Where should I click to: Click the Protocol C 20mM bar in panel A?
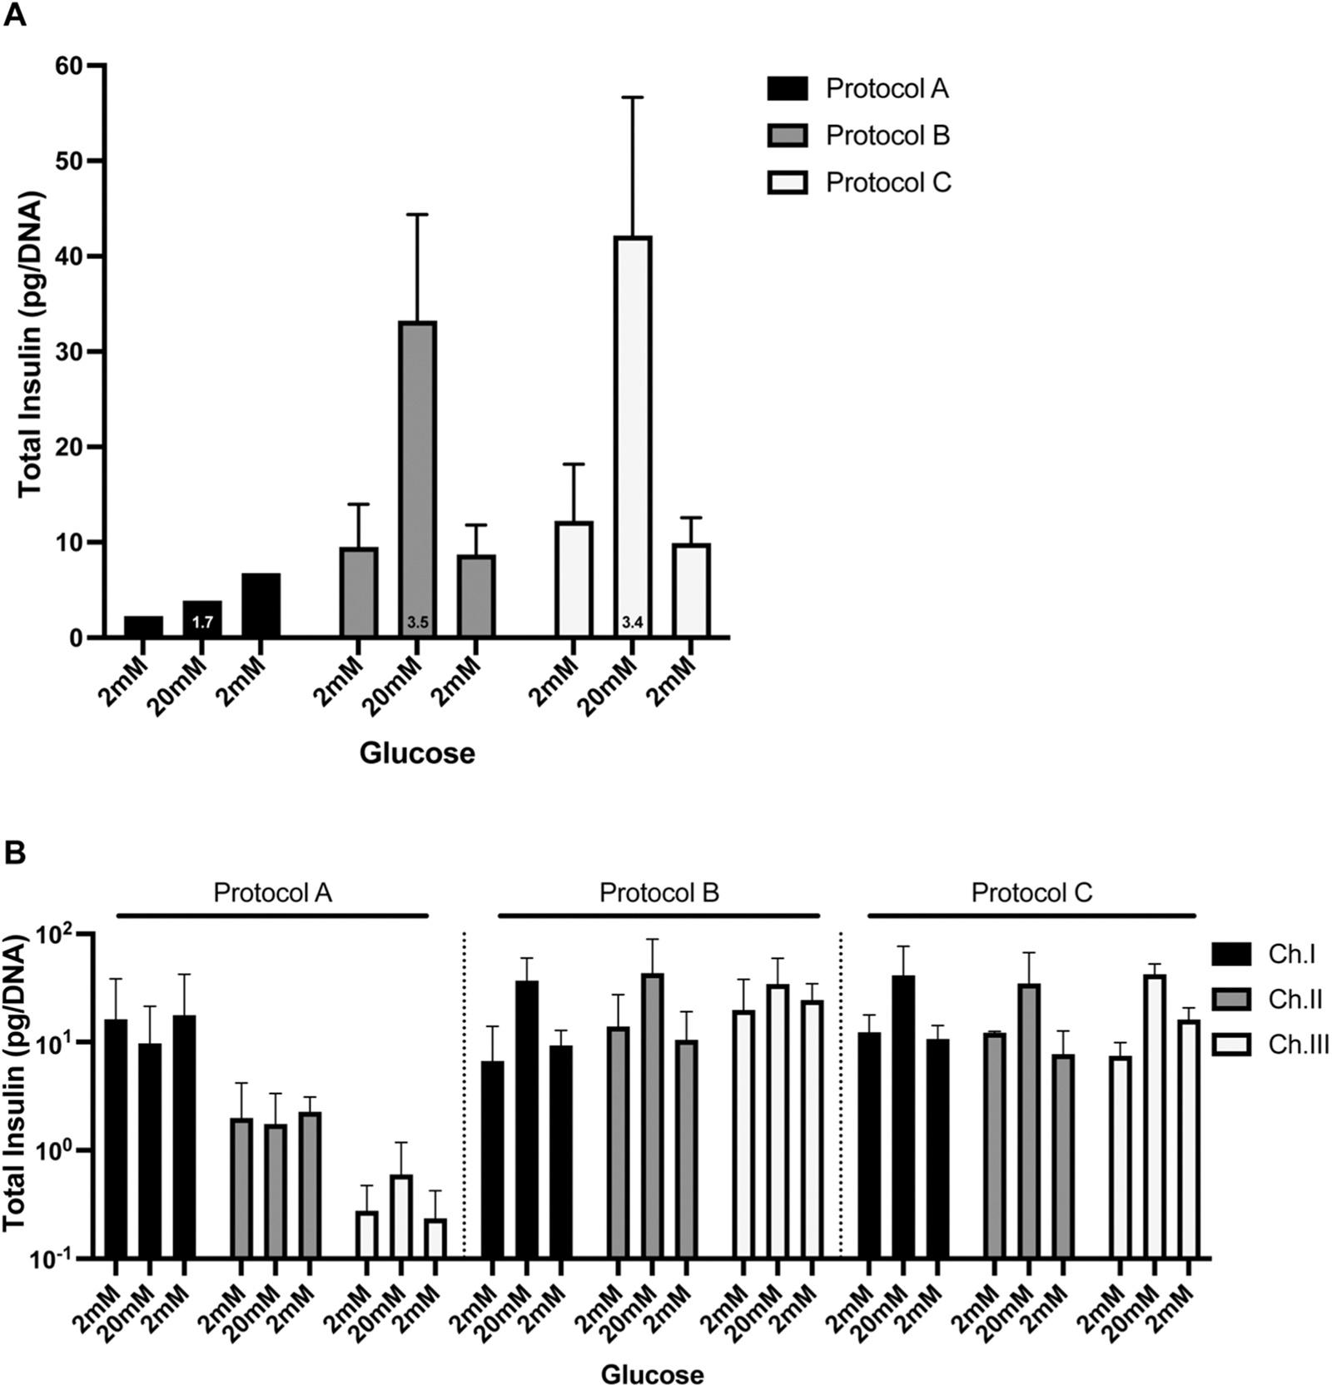click(x=633, y=433)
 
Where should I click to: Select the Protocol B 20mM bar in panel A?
click(x=417, y=474)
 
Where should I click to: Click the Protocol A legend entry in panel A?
click(x=857, y=89)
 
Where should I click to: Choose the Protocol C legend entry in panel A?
click(x=857, y=182)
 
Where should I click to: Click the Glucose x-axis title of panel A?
click(x=417, y=753)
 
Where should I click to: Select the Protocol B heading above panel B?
click(x=659, y=893)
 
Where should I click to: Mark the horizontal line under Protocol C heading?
click(x=1031, y=916)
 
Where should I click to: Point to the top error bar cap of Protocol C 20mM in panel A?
click(x=633, y=98)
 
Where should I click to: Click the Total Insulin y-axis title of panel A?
click(x=31, y=344)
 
